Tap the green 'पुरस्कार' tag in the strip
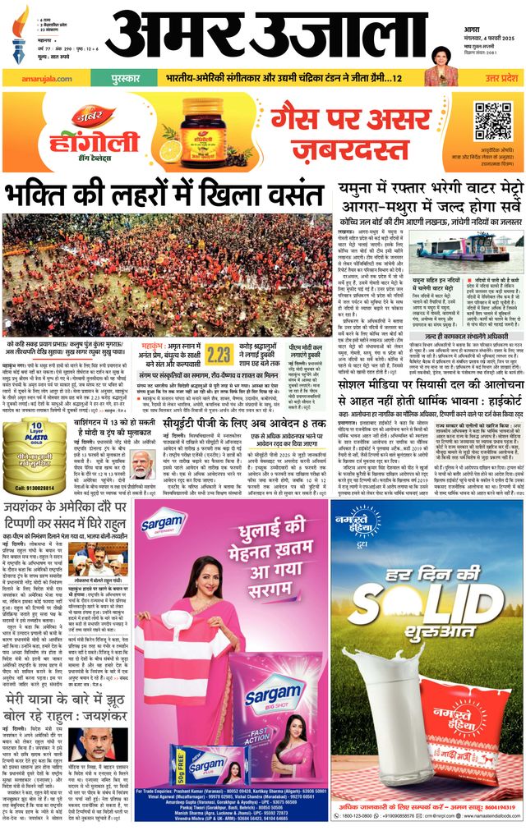click(120, 77)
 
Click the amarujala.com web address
click(32, 77)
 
